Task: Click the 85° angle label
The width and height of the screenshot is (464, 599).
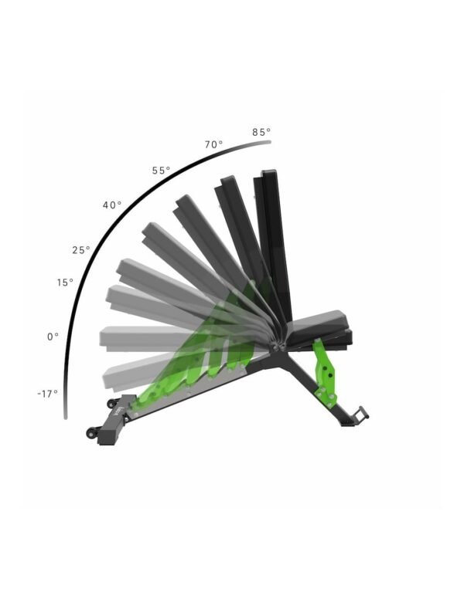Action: coord(261,132)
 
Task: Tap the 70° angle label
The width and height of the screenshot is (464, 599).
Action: coord(213,144)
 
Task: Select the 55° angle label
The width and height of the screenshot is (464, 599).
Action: coord(161,171)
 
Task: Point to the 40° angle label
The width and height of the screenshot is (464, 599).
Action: coord(112,205)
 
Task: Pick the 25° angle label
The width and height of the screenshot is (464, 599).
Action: coord(81,250)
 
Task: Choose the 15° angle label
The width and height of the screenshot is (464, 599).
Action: coord(65,283)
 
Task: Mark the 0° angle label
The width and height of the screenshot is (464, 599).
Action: coord(53,337)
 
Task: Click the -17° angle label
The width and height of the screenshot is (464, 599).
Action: coord(47,394)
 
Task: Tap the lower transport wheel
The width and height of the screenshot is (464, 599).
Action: coord(92,432)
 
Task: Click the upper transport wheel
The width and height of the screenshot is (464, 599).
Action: coord(112,404)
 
